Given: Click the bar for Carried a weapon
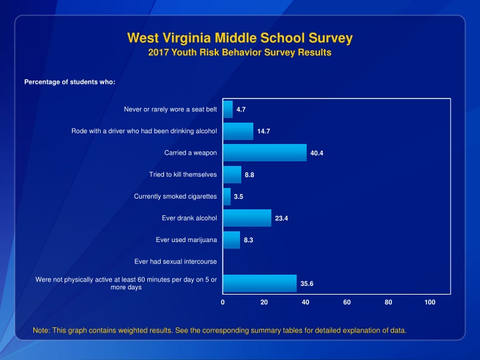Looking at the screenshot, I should tap(265, 153).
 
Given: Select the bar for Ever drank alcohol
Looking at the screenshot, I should tap(247, 218).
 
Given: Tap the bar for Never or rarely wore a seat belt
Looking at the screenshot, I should tap(227, 109).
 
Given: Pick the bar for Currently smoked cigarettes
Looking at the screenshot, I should tap(227, 197).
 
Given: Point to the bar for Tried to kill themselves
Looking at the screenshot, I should tap(232, 175).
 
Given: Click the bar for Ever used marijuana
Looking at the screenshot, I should tap(231, 240).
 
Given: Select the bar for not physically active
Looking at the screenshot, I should tap(259, 283).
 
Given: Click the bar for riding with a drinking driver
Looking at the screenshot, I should tap(238, 131).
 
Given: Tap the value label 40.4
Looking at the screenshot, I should tap(317, 153).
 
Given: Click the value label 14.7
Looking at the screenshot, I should tap(263, 131).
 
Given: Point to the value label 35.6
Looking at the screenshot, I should tap(307, 284).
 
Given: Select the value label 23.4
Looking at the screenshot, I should tap(281, 219).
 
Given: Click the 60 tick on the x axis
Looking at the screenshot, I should tap(347, 303).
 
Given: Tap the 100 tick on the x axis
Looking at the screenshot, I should tap(430, 303).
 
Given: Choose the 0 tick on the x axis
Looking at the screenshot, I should tap(223, 303).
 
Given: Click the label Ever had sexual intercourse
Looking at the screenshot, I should tap(175, 261).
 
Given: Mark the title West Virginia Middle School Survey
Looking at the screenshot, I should tap(239, 38).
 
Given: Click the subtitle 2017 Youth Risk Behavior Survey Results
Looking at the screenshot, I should tap(239, 52).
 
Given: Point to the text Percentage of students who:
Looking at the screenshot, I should tap(70, 82).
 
